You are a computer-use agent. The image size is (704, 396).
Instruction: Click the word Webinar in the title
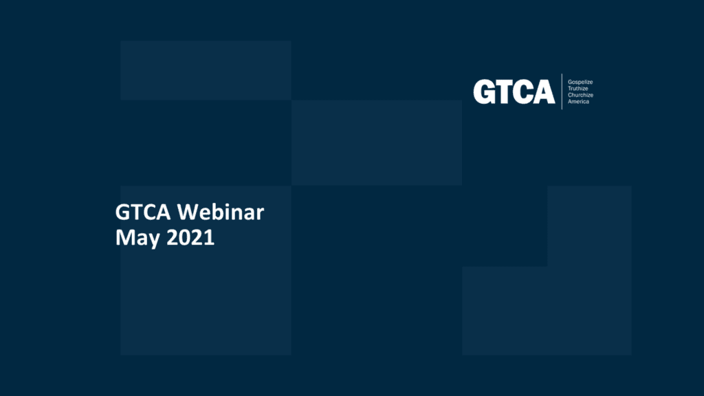[x=221, y=212]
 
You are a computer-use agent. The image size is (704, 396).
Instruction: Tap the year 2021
[x=190, y=237]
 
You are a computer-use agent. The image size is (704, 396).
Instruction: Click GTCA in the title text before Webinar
[x=143, y=212]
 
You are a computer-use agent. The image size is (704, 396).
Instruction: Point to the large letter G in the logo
[x=485, y=91]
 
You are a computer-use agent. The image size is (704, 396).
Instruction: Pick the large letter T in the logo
[x=505, y=91]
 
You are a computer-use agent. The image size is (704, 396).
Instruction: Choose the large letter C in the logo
[x=524, y=91]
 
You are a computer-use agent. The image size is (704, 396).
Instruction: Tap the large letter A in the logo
[x=544, y=91]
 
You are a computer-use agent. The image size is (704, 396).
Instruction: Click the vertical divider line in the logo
[x=562, y=91]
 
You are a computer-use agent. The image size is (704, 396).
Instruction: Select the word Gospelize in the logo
[x=580, y=82]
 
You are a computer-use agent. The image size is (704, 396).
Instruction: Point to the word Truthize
[x=577, y=89]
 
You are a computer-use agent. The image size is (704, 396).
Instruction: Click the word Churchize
[x=580, y=95]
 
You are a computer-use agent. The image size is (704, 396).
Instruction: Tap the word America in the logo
[x=578, y=102]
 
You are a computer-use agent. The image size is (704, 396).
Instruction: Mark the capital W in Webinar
[x=188, y=212]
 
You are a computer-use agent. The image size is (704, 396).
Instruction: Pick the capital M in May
[x=125, y=237]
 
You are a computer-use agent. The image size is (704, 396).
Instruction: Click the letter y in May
[x=154, y=241]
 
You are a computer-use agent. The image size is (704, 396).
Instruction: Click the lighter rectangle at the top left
[x=206, y=71]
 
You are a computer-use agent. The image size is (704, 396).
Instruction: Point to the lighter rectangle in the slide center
[x=377, y=143]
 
